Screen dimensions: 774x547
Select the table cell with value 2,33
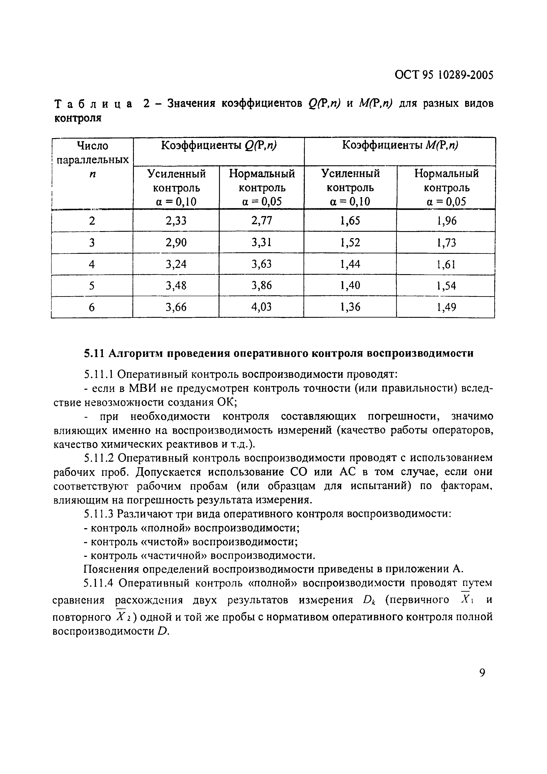tap(176, 220)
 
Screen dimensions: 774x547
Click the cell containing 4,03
tap(261, 307)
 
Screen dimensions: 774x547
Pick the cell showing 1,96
tap(446, 220)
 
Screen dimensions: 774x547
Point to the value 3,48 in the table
tap(176, 286)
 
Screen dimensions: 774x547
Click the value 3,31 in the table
tap(261, 242)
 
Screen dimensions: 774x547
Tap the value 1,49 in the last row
tap(446, 307)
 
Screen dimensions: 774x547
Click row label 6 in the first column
tap(92, 307)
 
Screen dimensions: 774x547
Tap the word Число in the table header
tap(93, 146)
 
